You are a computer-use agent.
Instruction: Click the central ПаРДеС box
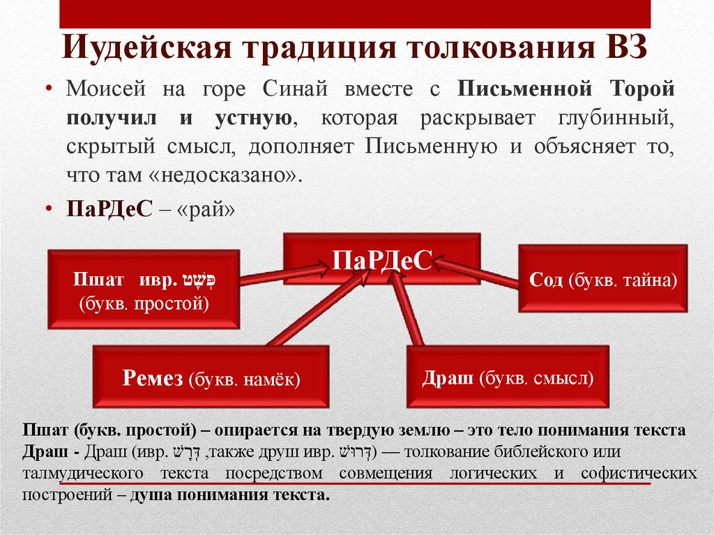[x=382, y=259]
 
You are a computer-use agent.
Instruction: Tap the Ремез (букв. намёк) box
[x=211, y=378]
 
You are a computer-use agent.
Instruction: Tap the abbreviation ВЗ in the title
[x=623, y=52]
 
